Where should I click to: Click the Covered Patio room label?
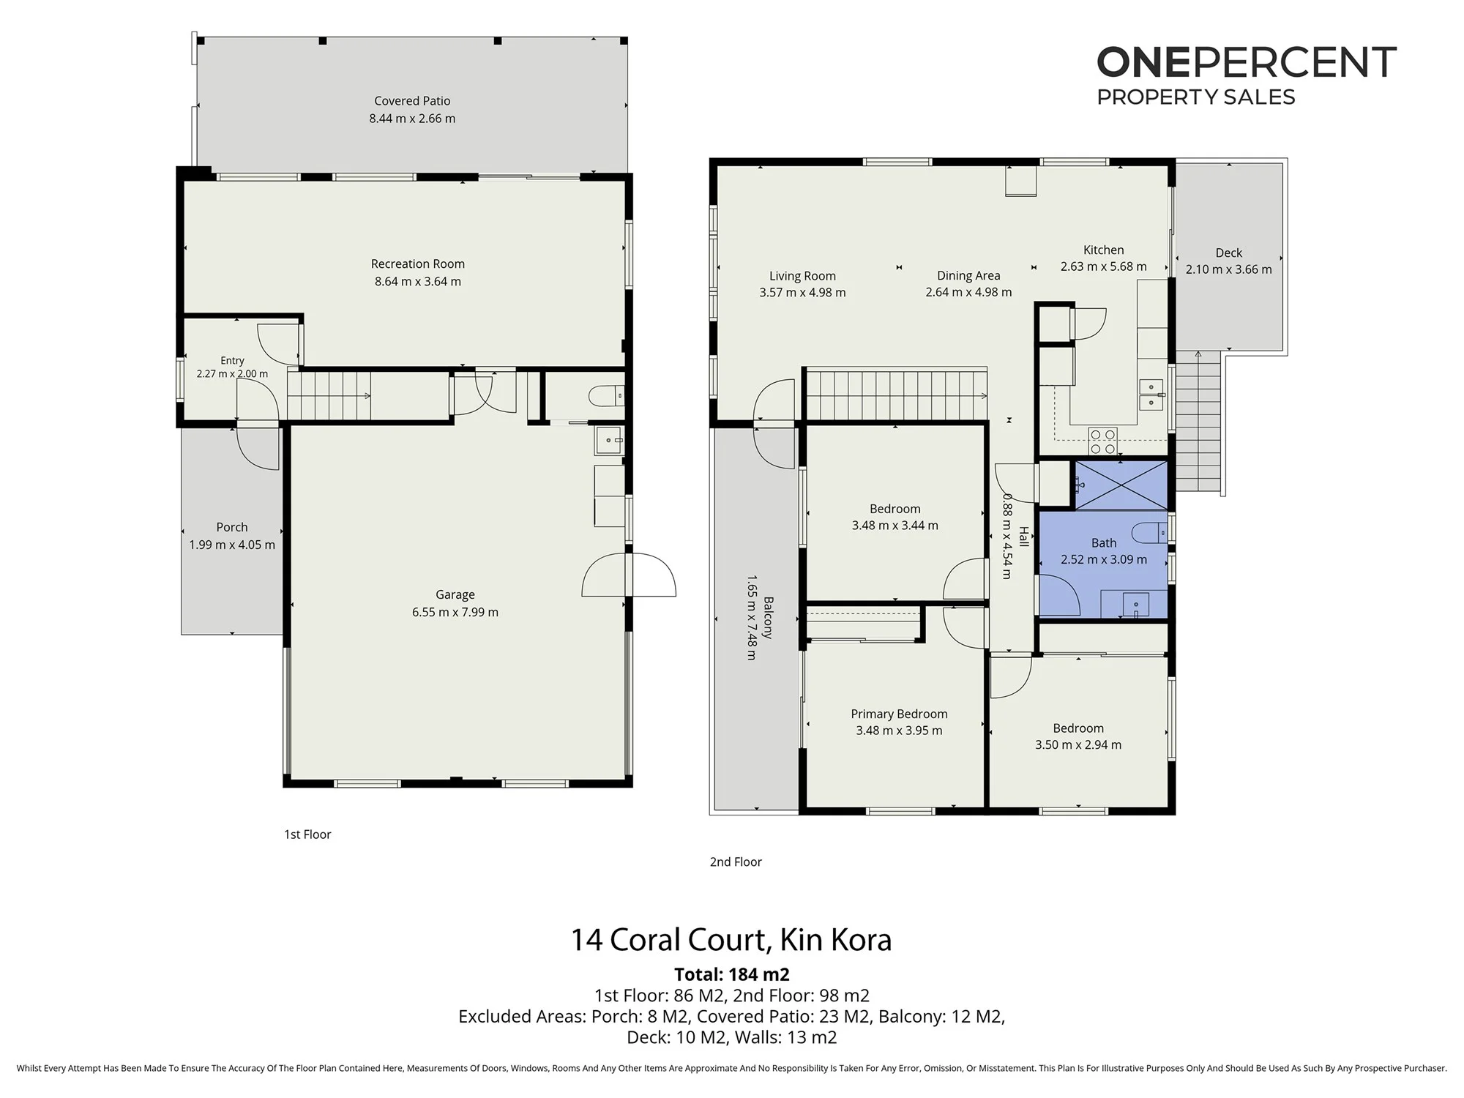pyautogui.click(x=412, y=101)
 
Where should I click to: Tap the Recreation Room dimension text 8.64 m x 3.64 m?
pyautogui.click(x=418, y=282)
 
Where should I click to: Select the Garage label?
pyautogui.click(x=455, y=595)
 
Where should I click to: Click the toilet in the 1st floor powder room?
pyautogui.click(x=606, y=396)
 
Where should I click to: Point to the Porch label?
pyautogui.click(x=232, y=527)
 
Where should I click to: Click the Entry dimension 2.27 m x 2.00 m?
pyautogui.click(x=232, y=374)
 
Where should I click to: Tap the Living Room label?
pyautogui.click(x=802, y=276)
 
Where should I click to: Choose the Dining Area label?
pyautogui.click(x=968, y=276)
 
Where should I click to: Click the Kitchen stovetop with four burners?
pyautogui.click(x=1103, y=441)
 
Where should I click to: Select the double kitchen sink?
pyautogui.click(x=1151, y=395)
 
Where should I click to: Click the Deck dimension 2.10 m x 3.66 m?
pyautogui.click(x=1229, y=269)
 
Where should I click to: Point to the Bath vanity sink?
pyautogui.click(x=1135, y=605)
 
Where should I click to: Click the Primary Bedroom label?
pyautogui.click(x=899, y=714)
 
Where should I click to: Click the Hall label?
pyautogui.click(x=1024, y=537)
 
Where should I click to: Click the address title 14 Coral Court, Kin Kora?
pyautogui.click(x=731, y=940)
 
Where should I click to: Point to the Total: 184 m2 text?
pyautogui.click(x=732, y=974)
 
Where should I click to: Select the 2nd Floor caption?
pyautogui.click(x=736, y=862)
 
